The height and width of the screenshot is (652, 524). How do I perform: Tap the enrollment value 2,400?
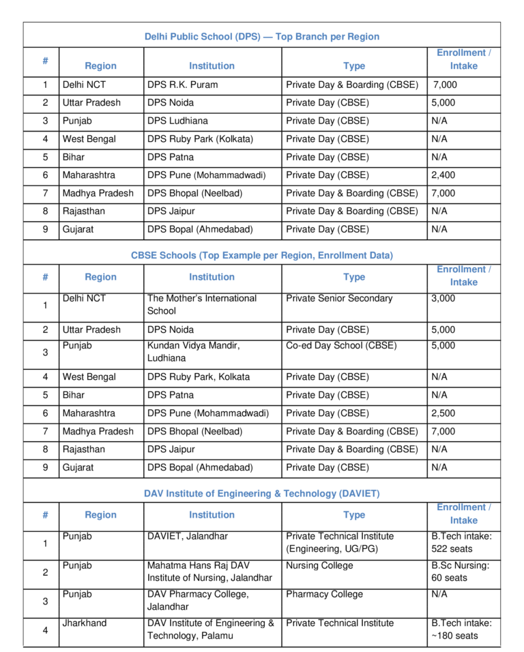click(x=443, y=175)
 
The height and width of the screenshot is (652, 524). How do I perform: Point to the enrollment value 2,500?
click(x=443, y=413)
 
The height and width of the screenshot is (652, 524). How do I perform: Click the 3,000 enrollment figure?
click(x=443, y=299)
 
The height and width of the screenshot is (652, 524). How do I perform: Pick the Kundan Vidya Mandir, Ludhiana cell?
click(x=194, y=352)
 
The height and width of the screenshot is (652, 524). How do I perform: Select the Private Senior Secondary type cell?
click(x=339, y=299)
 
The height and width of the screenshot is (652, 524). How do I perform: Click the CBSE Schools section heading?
click(x=262, y=256)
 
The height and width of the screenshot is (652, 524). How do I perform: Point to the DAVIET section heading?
click(x=262, y=493)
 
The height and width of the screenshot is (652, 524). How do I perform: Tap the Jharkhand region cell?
click(x=85, y=623)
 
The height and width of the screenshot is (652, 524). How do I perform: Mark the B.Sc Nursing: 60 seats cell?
click(x=461, y=572)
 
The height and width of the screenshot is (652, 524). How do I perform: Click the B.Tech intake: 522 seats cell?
click(x=461, y=543)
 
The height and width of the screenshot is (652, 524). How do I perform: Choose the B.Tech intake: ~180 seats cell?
click(x=461, y=629)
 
